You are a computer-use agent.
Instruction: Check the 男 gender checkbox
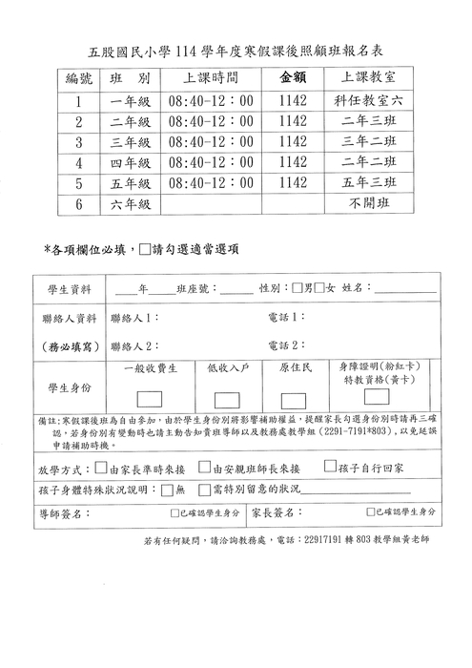pyautogui.click(x=298, y=288)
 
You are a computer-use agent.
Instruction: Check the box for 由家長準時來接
pyautogui.click(x=101, y=468)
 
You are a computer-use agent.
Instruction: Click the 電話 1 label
pyautogui.click(x=285, y=317)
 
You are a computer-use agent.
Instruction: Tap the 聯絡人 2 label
pyautogui.click(x=134, y=345)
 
